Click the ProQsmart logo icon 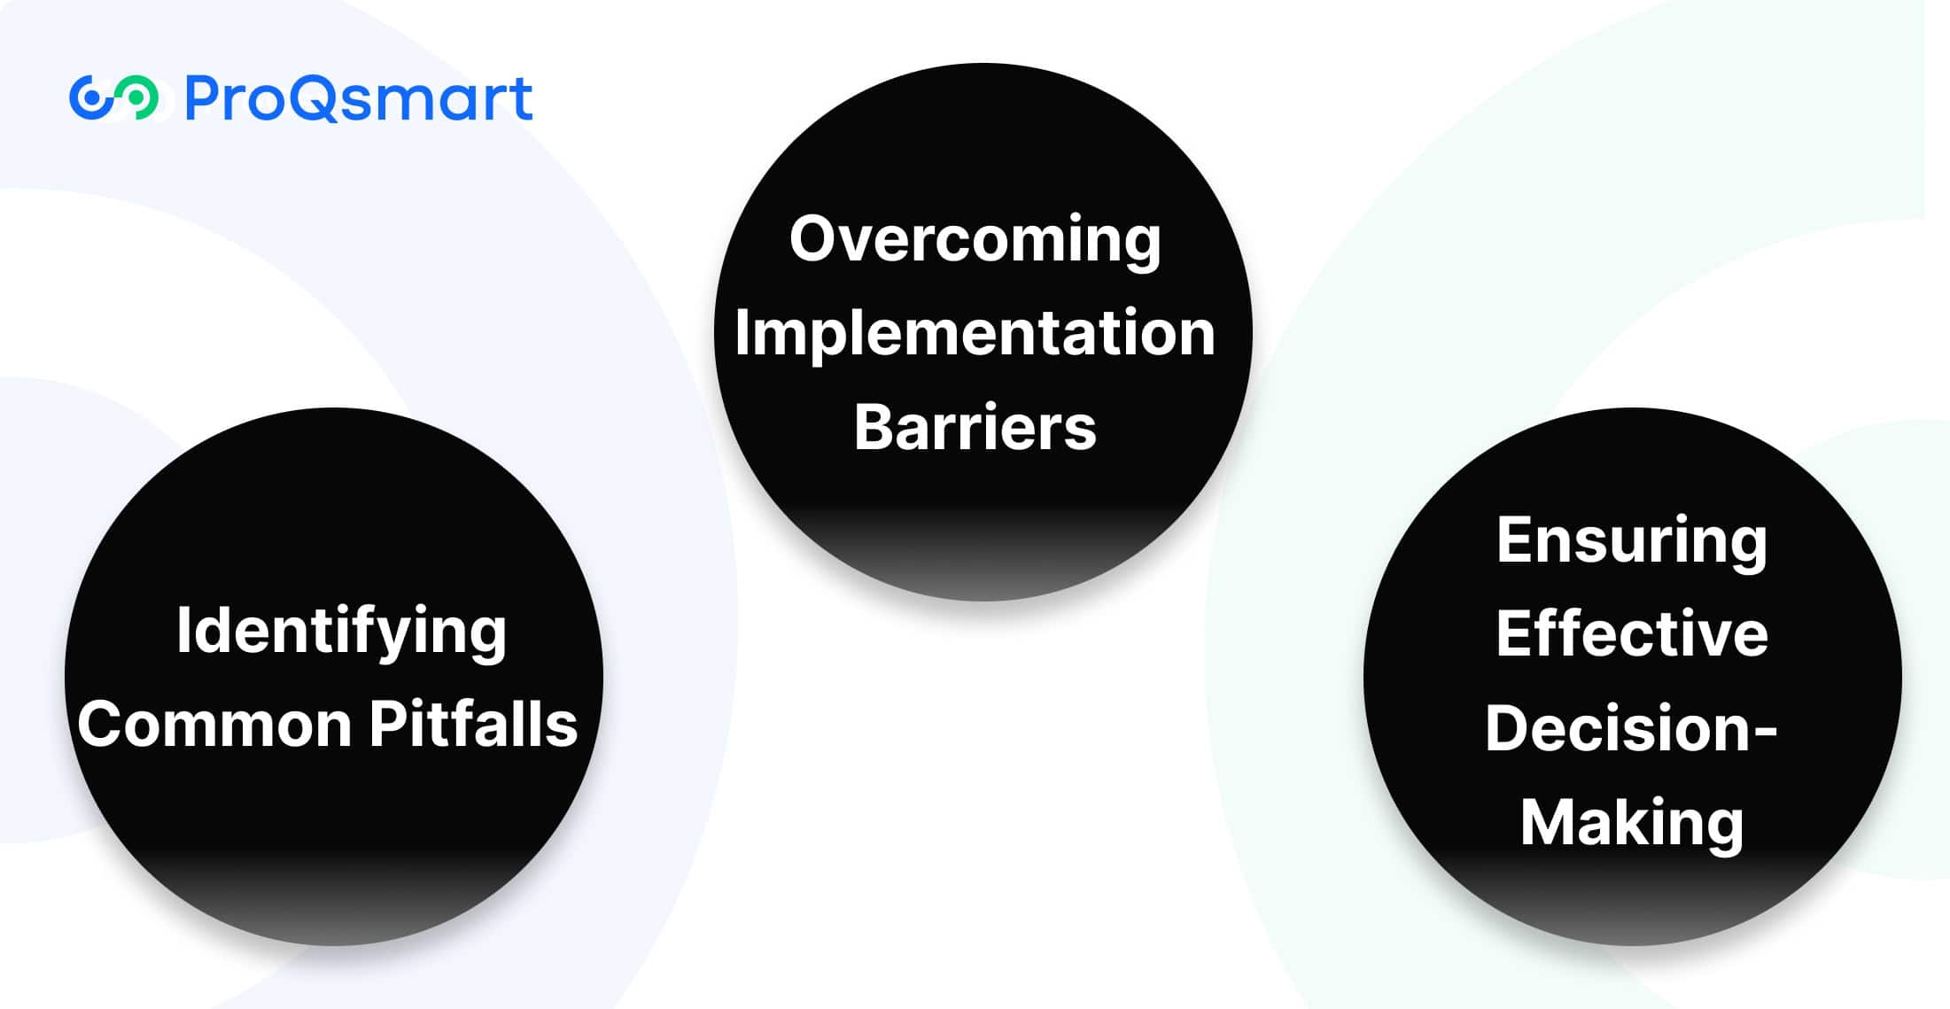[114, 97]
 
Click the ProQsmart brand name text [359, 98]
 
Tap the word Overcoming [975, 241]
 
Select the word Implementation [975, 333]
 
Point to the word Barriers [975, 427]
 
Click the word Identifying [341, 633]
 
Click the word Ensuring [1632, 542]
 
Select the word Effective [1632, 633]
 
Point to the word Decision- [1632, 727]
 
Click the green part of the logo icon [138, 98]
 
